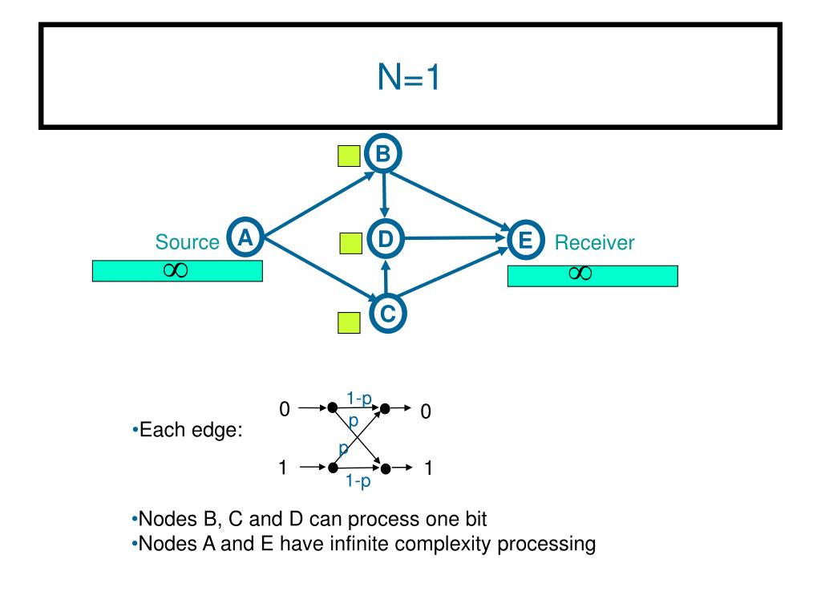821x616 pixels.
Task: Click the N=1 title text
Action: [x=408, y=77]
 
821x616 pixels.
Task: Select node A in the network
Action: [x=245, y=237]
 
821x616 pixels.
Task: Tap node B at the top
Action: [x=382, y=153]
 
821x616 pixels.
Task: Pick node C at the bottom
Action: [x=387, y=314]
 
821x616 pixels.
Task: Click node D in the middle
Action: [x=386, y=239]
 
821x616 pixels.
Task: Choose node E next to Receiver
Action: [x=526, y=240]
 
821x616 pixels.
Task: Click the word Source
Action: [x=187, y=242]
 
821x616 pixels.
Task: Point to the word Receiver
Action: [x=594, y=242]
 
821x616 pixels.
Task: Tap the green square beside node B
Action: [x=349, y=156]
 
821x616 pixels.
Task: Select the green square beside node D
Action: [x=351, y=244]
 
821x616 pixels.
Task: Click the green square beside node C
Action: [x=349, y=322]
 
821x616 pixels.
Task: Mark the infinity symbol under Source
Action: [x=176, y=270]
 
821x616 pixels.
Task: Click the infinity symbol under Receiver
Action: [x=580, y=273]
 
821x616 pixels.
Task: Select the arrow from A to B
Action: [x=319, y=205]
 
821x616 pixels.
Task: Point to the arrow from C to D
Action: [x=386, y=278]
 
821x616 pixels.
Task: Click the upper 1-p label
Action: [x=358, y=399]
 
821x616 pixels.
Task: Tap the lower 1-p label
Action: [x=358, y=480]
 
